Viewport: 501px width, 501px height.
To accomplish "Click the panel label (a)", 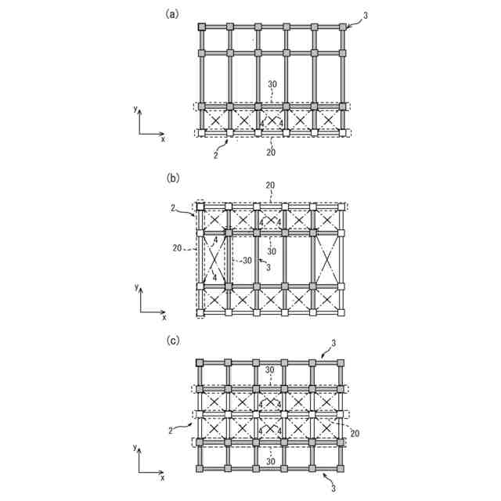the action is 172,13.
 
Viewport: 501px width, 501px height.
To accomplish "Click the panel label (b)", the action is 172,178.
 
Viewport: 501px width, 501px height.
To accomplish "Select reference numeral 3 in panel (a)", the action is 365,15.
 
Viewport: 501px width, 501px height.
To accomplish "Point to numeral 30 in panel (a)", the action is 272,84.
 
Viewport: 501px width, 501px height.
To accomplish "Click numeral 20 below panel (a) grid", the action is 271,152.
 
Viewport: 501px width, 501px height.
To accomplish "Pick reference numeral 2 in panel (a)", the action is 215,156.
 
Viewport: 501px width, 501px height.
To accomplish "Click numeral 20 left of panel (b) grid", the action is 178,248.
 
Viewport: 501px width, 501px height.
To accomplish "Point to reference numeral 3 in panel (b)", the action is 269,268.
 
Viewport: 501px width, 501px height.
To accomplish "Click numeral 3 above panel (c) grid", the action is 333,343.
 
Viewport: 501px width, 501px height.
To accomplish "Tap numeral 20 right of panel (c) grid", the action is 355,433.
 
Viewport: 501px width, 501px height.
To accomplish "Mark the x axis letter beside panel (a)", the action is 163,139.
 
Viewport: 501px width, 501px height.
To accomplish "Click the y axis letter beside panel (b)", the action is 136,288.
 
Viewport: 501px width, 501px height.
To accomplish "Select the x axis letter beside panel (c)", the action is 162,478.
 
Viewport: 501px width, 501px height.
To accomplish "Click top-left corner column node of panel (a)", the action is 202,27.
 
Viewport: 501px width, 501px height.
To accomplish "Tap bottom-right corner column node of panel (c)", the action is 341,469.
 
